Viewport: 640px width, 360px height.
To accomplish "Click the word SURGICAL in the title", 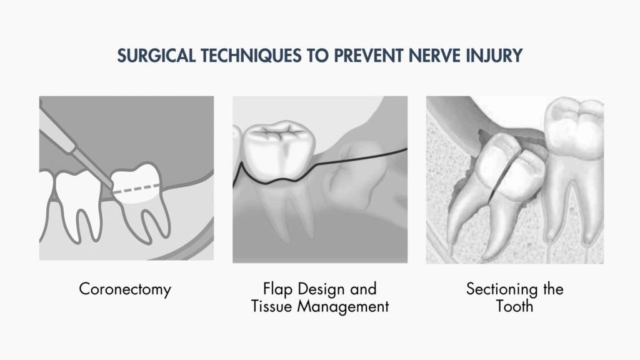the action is (156, 56).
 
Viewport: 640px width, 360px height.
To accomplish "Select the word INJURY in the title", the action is (494, 56).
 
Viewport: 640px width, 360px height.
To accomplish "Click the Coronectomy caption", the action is (125, 289).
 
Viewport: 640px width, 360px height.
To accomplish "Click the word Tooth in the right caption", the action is (515, 306).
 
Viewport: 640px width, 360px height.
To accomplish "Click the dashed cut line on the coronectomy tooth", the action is (136, 188).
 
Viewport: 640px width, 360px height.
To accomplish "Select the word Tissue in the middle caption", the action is (272, 306).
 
